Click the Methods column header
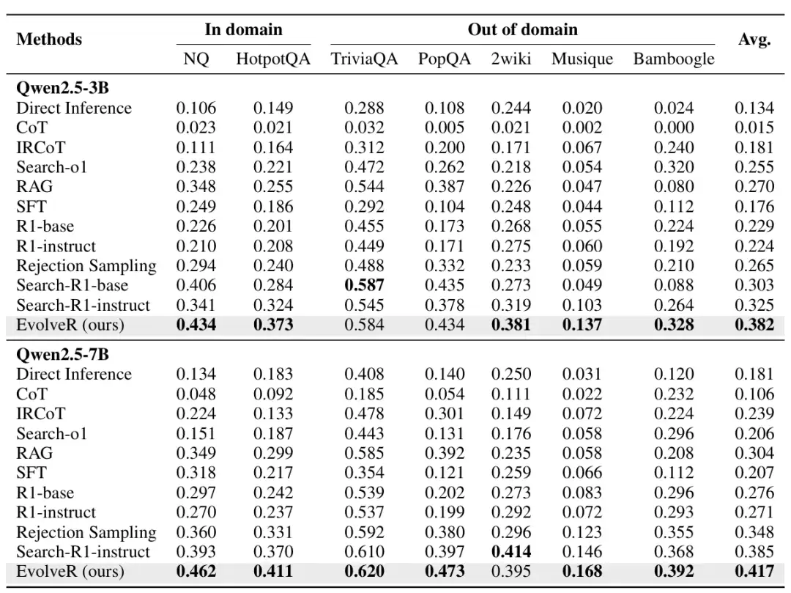coord(49,39)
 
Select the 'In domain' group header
coord(243,29)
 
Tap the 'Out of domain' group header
coord(523,29)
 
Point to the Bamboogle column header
coord(674,59)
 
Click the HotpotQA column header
coord(273,59)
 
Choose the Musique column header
coord(582,59)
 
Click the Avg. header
coord(754,39)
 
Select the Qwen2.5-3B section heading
coord(62,88)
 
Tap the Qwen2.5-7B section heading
coord(62,354)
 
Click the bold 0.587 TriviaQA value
coord(364,285)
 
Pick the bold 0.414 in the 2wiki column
coord(511,552)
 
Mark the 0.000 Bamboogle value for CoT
coord(674,128)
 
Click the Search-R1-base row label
coord(72,285)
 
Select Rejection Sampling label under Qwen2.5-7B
coord(86,532)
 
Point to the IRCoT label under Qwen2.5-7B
coord(41,414)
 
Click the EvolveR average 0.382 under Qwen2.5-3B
coord(754,325)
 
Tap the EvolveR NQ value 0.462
coord(196,571)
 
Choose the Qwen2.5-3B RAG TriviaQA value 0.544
coord(364,187)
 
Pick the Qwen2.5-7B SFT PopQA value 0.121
coord(445,473)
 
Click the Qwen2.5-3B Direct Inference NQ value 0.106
coord(196,108)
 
